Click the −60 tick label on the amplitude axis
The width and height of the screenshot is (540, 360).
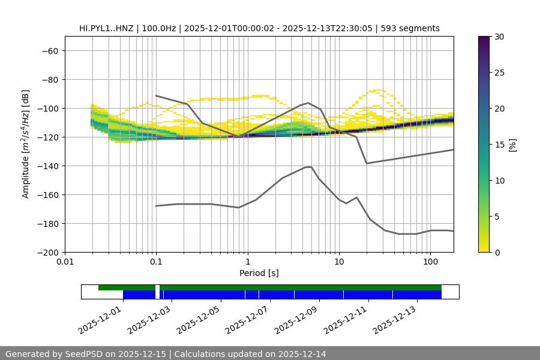49,50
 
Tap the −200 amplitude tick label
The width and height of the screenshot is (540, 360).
47,252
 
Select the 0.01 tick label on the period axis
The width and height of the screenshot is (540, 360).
65,262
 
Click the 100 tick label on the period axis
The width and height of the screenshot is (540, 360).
430,262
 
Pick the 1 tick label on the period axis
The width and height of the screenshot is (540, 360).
248,262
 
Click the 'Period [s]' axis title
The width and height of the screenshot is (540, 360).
259,273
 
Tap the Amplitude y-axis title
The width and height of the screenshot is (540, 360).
26,144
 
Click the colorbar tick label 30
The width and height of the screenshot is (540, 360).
499,37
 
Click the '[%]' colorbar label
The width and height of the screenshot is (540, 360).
512,145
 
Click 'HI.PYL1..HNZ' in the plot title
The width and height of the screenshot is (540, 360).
107,28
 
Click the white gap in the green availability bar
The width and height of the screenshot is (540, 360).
157,287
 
